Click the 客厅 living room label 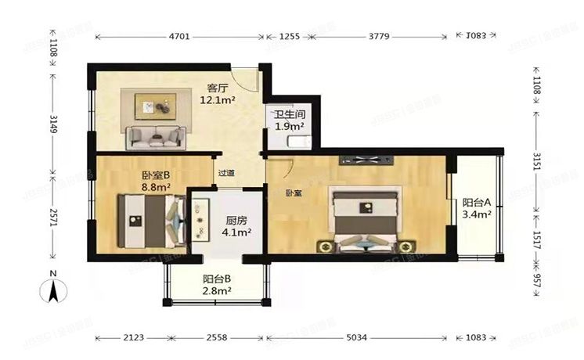(x=218, y=88)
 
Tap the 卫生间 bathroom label (x=289, y=115)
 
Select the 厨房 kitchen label (x=237, y=221)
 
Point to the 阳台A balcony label (x=476, y=201)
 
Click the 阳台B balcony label (x=216, y=279)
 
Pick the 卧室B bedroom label (x=157, y=176)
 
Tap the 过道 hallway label (x=226, y=173)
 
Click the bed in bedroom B (x=149, y=218)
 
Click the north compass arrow (x=52, y=292)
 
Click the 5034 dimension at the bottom (x=356, y=339)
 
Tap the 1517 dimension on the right (x=536, y=236)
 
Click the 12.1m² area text (x=218, y=100)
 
